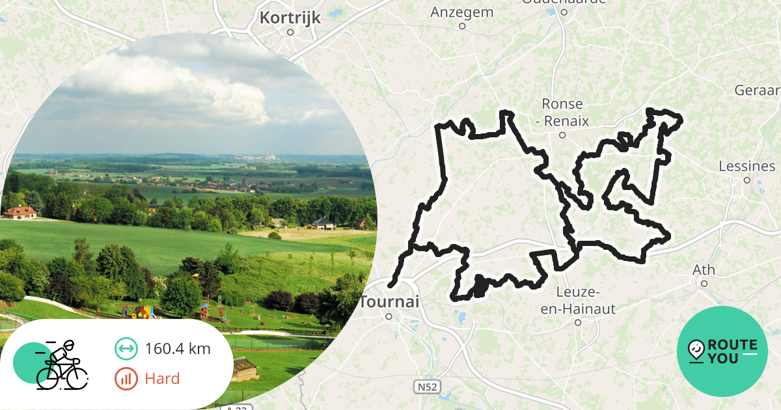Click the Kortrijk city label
[x=290, y=18]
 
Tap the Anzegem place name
[x=462, y=12]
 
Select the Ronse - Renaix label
[x=563, y=112]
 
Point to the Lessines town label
[x=747, y=166]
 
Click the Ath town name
[x=704, y=269]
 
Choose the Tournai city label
[x=389, y=302]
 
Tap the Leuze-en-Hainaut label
[x=578, y=301]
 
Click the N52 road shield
[x=426, y=387]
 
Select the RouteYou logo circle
[x=722, y=351]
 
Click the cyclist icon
[x=62, y=365]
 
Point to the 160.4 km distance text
[x=178, y=349]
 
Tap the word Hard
[x=162, y=378]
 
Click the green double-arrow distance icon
[x=126, y=349]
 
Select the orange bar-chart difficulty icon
[x=126, y=378]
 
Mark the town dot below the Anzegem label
[x=462, y=27]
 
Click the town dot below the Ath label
[x=704, y=284]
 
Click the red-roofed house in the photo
[x=21, y=212]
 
